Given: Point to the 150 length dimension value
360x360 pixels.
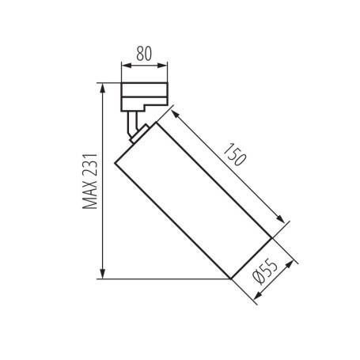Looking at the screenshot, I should [x=234, y=154].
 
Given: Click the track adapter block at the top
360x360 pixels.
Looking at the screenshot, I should [x=144, y=96].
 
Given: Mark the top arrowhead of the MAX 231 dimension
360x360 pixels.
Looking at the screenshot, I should [x=103, y=86].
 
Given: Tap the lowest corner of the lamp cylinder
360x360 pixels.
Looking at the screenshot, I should [x=230, y=279].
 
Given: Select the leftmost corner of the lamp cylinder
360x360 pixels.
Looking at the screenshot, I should [x=116, y=163].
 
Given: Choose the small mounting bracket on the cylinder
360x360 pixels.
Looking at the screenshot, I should [x=139, y=132].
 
